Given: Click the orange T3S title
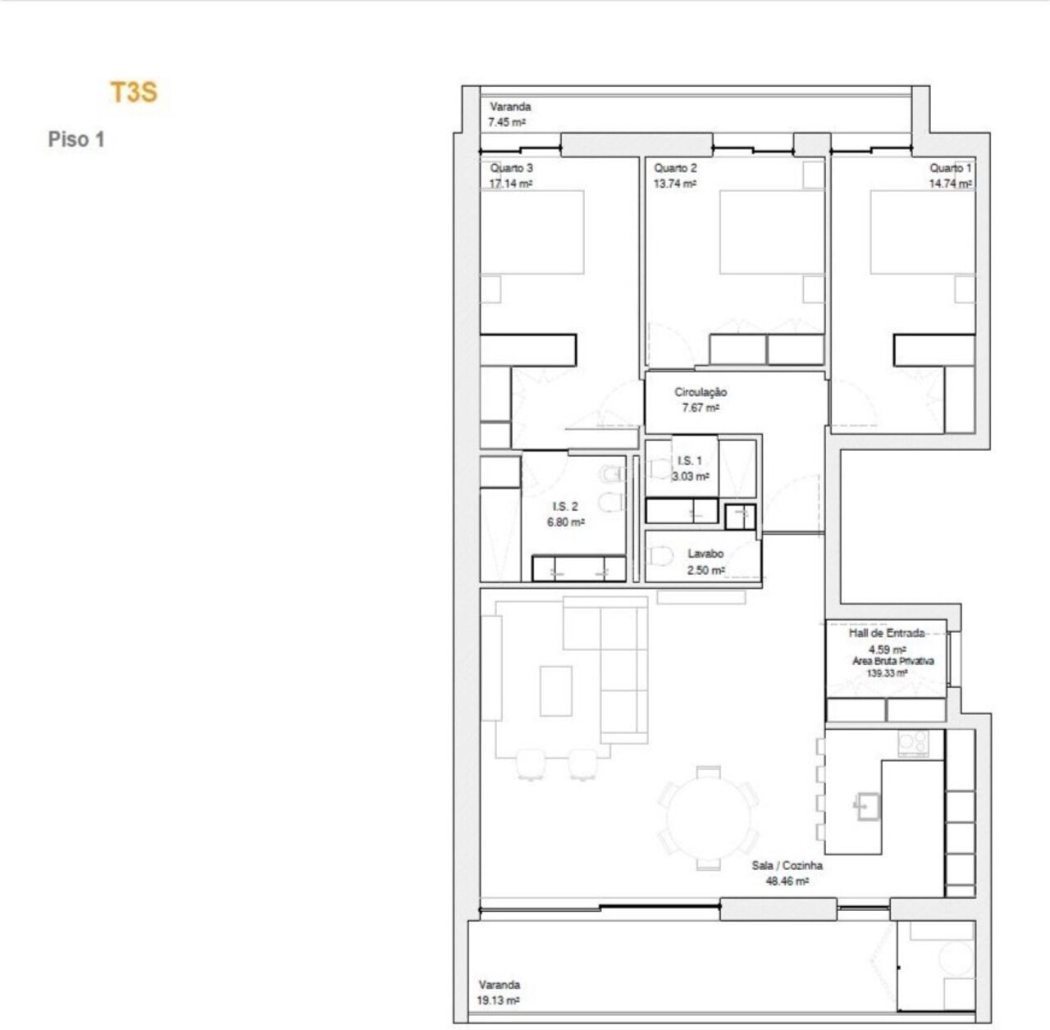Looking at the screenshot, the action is (x=134, y=92).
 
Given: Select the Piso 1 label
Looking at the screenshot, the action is (x=76, y=139).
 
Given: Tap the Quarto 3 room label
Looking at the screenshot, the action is (x=511, y=168).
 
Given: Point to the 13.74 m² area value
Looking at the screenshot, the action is (x=674, y=184).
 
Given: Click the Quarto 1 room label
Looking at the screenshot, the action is (x=950, y=168).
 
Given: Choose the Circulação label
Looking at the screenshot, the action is (x=701, y=392).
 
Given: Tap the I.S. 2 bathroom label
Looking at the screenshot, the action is (x=565, y=506).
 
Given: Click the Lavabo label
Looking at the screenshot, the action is (x=705, y=554).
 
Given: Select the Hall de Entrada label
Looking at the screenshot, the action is (x=887, y=633).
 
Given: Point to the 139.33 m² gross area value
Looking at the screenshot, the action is (x=887, y=673).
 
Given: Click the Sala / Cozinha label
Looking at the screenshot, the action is (x=787, y=865).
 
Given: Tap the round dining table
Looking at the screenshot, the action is (x=709, y=818).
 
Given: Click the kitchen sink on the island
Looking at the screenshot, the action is (x=867, y=807).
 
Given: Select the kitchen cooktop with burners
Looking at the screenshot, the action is (x=913, y=743).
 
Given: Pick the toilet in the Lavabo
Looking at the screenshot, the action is (x=661, y=557).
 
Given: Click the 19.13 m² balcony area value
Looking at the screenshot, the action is (x=498, y=1000).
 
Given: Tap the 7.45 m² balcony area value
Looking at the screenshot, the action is (x=507, y=122).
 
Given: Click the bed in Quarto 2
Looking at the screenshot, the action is (x=772, y=231).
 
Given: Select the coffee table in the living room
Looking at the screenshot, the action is (x=556, y=691).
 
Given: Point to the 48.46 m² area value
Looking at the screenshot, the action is (x=787, y=882).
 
